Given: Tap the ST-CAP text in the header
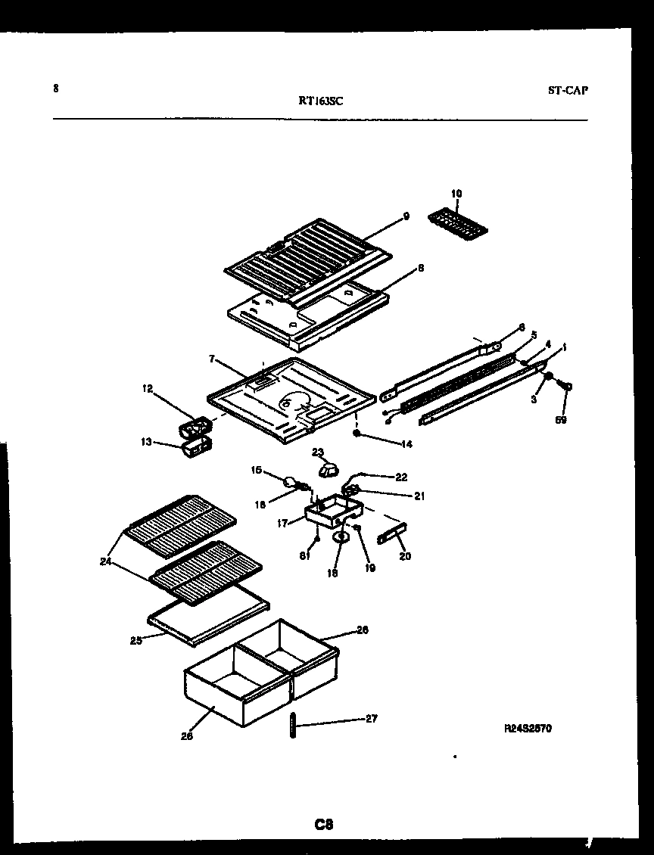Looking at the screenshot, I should click(568, 90).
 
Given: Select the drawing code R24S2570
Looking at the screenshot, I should click(528, 729).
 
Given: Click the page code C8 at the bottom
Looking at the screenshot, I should click(324, 824).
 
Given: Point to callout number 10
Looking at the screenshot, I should click(456, 194).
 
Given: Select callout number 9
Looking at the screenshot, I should click(406, 216).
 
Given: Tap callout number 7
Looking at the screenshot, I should click(212, 360).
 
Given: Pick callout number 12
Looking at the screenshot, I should click(147, 389).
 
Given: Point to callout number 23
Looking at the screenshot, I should click(317, 452).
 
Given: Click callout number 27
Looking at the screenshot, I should click(371, 719).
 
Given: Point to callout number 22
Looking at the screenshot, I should click(401, 477).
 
